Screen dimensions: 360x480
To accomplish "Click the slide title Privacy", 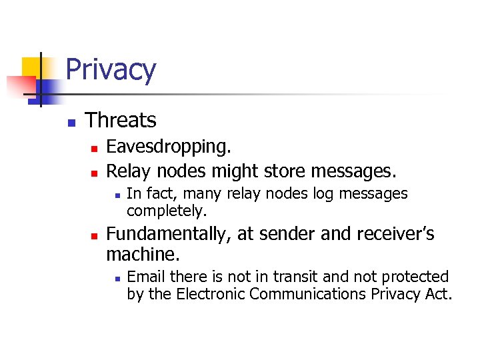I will (x=111, y=70).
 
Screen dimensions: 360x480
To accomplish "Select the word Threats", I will (x=121, y=120).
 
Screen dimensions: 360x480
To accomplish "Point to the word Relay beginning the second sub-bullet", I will (x=127, y=172).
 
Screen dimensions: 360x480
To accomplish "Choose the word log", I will (x=326, y=193).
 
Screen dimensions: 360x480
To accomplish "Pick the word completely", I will (x=167, y=211).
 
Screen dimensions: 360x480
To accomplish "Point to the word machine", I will (x=143, y=254).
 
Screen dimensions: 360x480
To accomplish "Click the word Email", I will (x=143, y=277).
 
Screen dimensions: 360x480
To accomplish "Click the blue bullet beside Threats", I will (x=70, y=122).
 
